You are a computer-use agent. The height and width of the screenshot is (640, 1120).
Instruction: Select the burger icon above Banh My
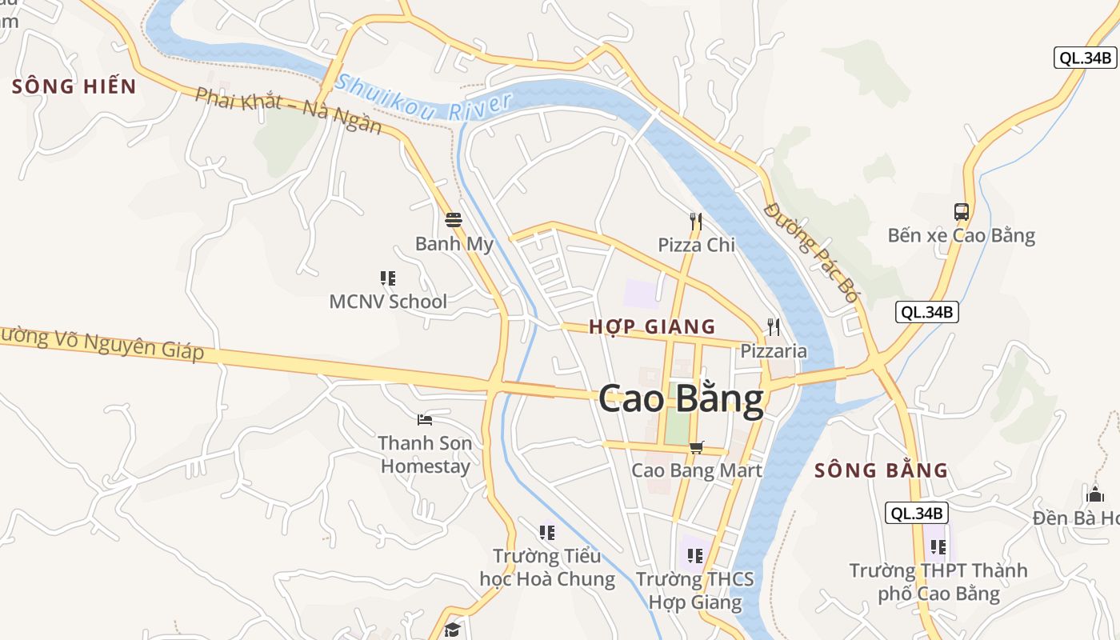pyautogui.click(x=454, y=220)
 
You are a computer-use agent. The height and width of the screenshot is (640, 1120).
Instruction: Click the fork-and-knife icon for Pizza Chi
pyautogui.click(x=696, y=222)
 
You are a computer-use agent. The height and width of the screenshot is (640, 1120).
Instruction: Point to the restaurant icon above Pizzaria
pyautogui.click(x=773, y=327)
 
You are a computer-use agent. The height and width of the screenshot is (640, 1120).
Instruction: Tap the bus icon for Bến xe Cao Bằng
pyautogui.click(x=962, y=212)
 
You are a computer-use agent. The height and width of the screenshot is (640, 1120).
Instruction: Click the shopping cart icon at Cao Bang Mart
pyautogui.click(x=697, y=447)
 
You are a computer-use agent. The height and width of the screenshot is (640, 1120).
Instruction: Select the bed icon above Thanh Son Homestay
pyautogui.click(x=425, y=419)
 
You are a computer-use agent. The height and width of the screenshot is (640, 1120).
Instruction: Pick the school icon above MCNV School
pyautogui.click(x=388, y=278)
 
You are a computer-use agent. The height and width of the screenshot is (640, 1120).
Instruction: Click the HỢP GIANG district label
pyautogui.click(x=652, y=326)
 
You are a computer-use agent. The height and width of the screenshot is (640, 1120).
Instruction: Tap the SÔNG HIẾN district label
pyautogui.click(x=74, y=86)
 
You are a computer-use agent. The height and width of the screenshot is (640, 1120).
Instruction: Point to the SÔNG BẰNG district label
pyautogui.click(x=881, y=470)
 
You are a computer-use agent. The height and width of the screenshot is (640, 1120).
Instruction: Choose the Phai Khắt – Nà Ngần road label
pyautogui.click(x=289, y=111)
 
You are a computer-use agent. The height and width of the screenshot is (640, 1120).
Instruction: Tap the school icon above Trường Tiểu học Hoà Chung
pyautogui.click(x=547, y=532)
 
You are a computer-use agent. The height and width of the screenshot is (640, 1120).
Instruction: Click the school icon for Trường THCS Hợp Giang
pyautogui.click(x=695, y=555)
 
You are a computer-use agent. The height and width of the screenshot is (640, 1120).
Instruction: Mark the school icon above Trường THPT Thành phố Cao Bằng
pyautogui.click(x=938, y=547)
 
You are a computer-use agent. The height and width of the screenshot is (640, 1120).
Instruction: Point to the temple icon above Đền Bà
pyautogui.click(x=1095, y=494)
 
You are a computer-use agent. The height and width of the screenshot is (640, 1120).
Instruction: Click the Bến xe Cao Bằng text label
pyautogui.click(x=961, y=236)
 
